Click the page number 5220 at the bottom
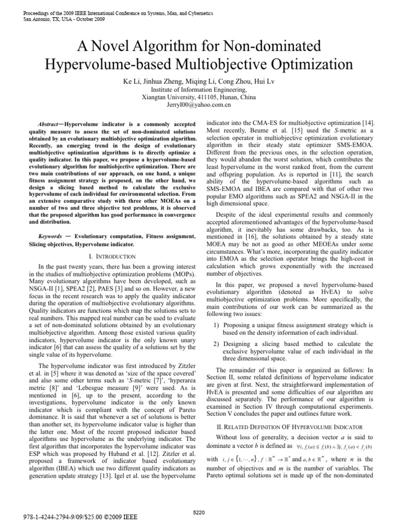tap(198, 512)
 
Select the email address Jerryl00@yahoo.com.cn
tap(198, 104)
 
